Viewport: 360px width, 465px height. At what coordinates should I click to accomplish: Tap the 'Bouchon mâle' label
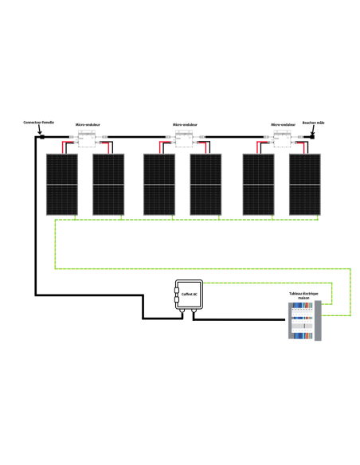[313, 124]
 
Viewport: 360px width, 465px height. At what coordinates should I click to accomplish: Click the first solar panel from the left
[61, 184]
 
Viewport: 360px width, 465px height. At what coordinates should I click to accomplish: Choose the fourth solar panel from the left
[206, 184]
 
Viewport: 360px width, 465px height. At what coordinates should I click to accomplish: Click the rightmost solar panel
[305, 184]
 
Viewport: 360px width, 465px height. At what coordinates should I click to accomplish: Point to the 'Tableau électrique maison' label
[304, 295]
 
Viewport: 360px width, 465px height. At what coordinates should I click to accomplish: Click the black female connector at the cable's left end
[39, 139]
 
